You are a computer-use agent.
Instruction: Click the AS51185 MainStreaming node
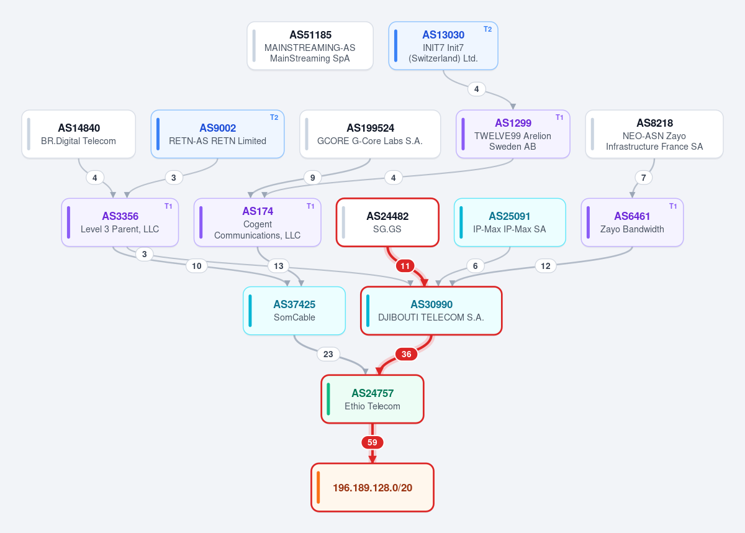click(x=310, y=46)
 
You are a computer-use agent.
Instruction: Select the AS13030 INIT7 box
click(x=443, y=46)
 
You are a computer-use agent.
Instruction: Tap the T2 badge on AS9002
click(x=274, y=117)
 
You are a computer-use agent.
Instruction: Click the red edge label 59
click(x=372, y=442)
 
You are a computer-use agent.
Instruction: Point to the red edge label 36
click(x=406, y=354)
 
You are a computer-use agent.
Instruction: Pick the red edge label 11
click(x=405, y=266)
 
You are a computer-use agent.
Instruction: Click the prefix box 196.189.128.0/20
click(x=372, y=488)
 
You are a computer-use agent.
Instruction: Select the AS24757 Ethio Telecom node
click(x=372, y=399)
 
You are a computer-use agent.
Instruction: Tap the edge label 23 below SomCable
click(x=328, y=354)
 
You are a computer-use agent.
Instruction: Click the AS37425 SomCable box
click(x=294, y=311)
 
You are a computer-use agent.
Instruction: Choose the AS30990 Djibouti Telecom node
click(x=431, y=311)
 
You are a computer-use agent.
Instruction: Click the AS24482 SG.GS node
click(x=387, y=222)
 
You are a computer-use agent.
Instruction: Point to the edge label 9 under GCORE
click(x=313, y=178)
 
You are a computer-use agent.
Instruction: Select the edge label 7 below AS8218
click(x=644, y=178)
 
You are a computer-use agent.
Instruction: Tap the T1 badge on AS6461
click(x=673, y=206)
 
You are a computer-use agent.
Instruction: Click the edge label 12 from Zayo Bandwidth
click(x=546, y=266)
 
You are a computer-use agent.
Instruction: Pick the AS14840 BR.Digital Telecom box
click(x=78, y=134)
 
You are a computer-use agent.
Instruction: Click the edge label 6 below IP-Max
click(x=476, y=266)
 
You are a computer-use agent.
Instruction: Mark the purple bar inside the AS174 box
click(x=201, y=222)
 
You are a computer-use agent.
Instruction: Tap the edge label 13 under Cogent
click(x=278, y=266)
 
